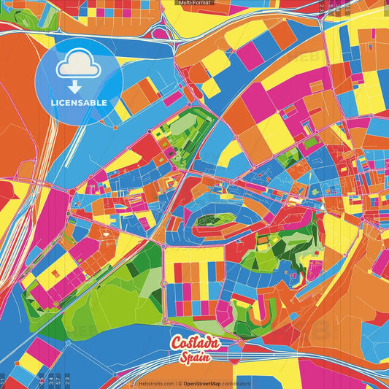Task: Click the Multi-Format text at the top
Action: pos(194,3)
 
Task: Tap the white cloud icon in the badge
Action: pos(78,64)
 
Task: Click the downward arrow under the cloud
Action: pos(78,85)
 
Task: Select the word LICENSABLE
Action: pos(79,102)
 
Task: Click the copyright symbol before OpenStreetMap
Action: pos(180,383)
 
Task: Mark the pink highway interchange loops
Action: pos(166,33)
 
